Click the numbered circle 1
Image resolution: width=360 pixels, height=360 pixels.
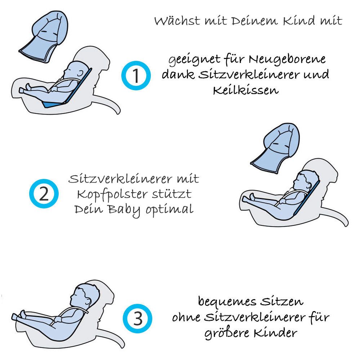click(x=136, y=76)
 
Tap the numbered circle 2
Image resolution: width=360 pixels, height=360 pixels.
click(x=44, y=194)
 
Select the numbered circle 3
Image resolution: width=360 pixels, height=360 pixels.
click(x=138, y=319)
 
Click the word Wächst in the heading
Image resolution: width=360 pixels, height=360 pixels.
click(x=177, y=21)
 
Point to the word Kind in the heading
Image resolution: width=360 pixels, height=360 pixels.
click(x=298, y=20)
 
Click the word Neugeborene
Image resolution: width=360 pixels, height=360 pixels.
click(x=287, y=59)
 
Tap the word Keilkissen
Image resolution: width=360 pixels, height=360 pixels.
click(x=246, y=90)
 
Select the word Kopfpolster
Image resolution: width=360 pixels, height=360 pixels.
click(x=112, y=195)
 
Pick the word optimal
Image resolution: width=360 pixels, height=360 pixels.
click(x=170, y=210)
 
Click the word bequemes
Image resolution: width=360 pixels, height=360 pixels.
click(x=227, y=301)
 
